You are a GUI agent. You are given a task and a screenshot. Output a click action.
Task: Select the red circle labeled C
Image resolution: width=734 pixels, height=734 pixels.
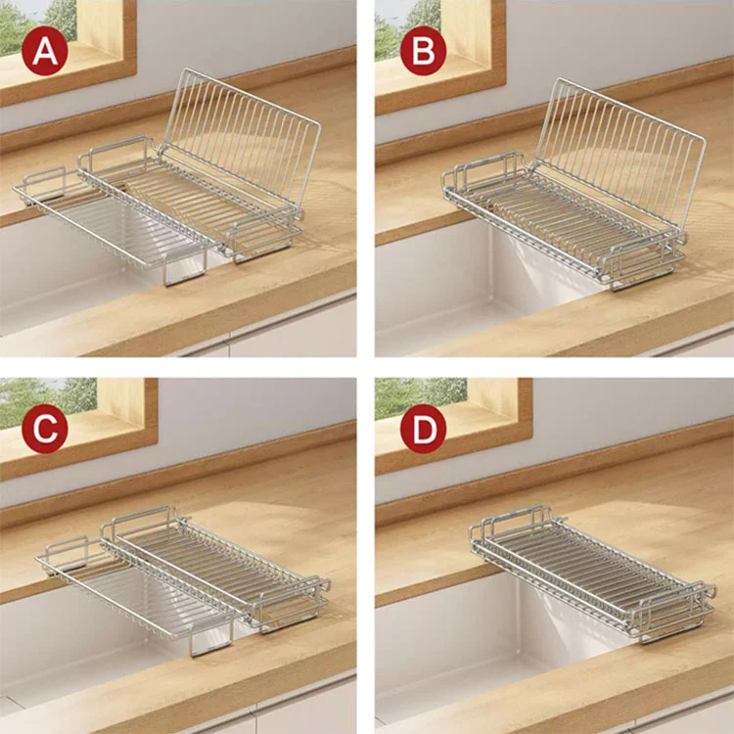pos(44,429)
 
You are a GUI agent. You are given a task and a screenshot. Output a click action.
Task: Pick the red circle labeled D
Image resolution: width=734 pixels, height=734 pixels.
pos(423,429)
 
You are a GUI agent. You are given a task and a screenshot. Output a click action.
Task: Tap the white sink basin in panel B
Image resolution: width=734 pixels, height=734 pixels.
pos(440,294)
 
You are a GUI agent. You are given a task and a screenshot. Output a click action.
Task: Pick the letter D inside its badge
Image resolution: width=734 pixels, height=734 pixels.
pos(423,429)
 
